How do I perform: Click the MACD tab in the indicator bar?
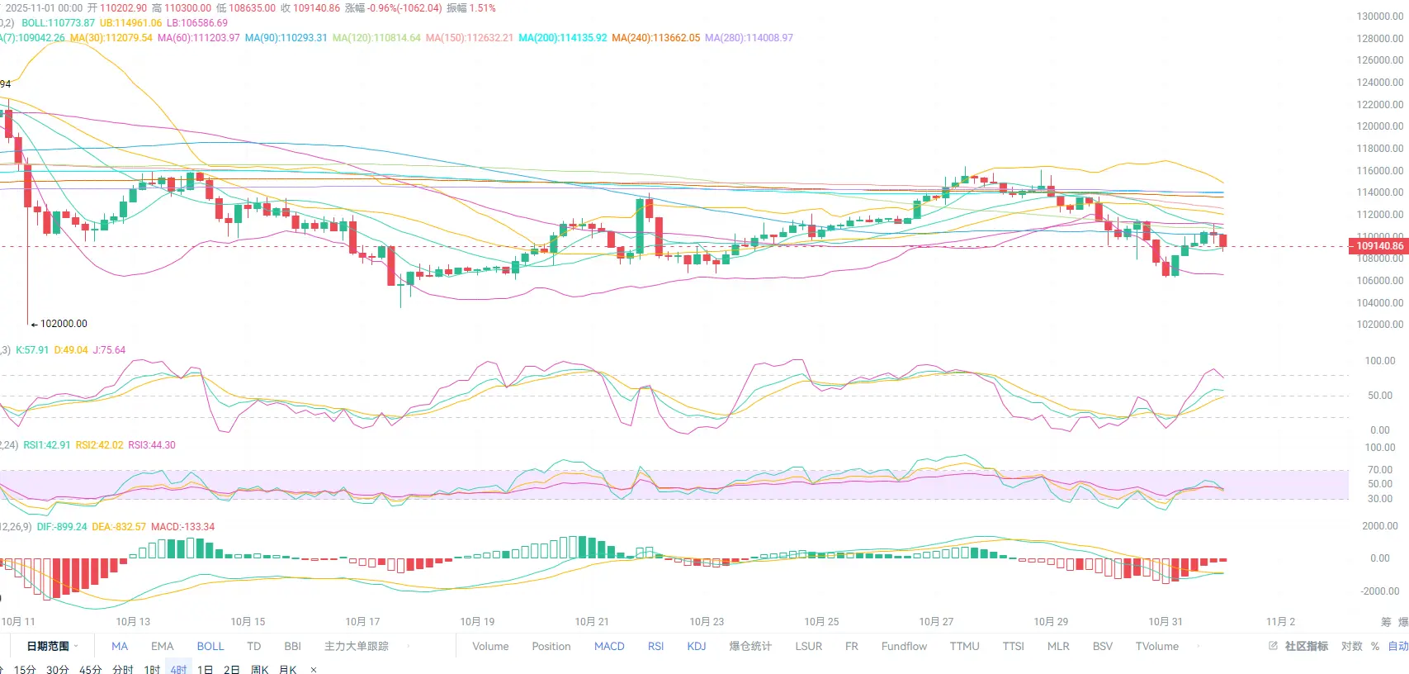click(609, 646)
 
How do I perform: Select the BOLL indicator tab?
click(210, 646)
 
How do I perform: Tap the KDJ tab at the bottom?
click(697, 646)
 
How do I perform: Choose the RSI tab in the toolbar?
click(655, 646)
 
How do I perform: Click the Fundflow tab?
click(904, 646)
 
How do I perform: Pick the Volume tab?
click(490, 646)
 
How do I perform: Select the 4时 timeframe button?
click(179, 669)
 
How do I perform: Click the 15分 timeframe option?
click(25, 669)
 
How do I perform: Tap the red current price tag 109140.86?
click(1378, 245)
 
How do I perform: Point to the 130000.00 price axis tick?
click(1379, 17)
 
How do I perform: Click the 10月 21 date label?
click(592, 621)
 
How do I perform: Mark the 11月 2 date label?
click(1280, 621)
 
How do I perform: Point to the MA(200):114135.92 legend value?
click(562, 38)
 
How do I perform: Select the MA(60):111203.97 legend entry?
click(198, 38)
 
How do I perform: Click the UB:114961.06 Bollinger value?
click(130, 23)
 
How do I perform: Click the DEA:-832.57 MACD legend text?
click(119, 527)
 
